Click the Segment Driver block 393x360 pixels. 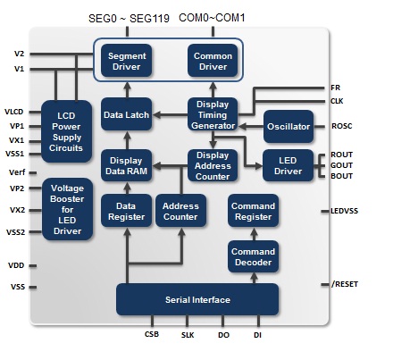click(x=127, y=61)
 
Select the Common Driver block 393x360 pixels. click(x=213, y=61)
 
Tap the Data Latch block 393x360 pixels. click(x=127, y=114)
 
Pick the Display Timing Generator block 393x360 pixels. click(x=213, y=114)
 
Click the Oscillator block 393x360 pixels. click(x=288, y=127)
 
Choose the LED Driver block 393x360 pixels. click(x=288, y=165)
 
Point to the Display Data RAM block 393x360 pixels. click(x=127, y=165)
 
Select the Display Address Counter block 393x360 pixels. click(x=213, y=165)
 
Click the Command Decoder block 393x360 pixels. click(x=253, y=256)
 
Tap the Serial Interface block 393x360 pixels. click(x=197, y=299)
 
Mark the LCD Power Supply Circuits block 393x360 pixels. click(x=66, y=131)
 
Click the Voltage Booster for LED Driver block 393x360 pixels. click(x=67, y=209)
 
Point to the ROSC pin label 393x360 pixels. click(x=342, y=126)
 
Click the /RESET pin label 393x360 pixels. click(x=345, y=284)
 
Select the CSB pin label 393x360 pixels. click(x=152, y=334)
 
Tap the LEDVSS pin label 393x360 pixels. click(x=345, y=211)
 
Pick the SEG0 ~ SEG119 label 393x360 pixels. click(x=129, y=19)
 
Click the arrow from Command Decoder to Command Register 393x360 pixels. click(x=254, y=234)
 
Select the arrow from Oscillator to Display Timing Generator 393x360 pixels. click(x=251, y=127)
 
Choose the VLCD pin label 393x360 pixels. click(x=14, y=112)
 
